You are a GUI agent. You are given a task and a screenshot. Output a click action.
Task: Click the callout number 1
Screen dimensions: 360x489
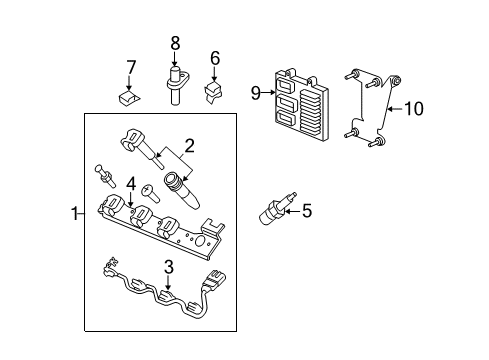pos(73,212)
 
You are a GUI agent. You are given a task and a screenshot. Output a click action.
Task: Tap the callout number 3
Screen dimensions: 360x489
pos(168,267)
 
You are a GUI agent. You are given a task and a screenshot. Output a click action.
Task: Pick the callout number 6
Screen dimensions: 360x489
pos(213,59)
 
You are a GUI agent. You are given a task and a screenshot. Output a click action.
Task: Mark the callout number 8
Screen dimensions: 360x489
pos(174,43)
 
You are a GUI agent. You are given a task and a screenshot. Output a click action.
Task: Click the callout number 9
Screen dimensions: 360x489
pos(256,93)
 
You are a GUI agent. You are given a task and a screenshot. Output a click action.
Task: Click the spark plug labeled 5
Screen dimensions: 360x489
pos(273,210)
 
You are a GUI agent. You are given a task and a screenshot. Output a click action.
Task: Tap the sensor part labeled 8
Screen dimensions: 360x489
pos(174,83)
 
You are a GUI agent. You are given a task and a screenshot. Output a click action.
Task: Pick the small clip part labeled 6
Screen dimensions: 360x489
pos(213,93)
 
